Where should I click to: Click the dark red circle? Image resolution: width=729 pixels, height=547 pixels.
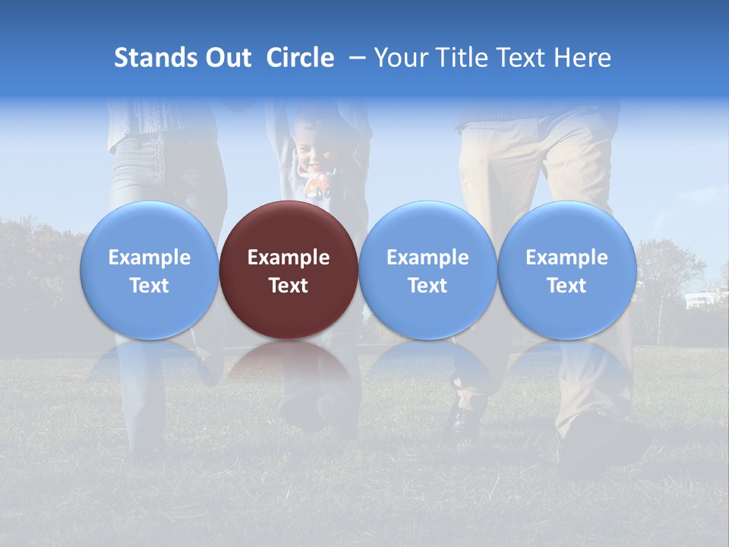coord(289,270)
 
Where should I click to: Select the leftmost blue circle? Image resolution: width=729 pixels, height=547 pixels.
coord(150,270)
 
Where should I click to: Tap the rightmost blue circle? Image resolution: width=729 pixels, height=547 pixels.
coord(566,270)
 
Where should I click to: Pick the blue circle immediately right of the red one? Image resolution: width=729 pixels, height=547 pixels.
coord(428,270)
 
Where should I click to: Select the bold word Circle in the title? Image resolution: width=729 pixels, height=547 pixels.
coord(300,58)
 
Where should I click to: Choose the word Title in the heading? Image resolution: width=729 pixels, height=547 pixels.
coord(464,58)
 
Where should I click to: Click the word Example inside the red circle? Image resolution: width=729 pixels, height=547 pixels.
coord(289,258)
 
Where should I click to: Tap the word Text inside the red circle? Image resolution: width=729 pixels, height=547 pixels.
coord(289,286)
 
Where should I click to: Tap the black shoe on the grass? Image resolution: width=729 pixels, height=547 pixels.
coord(465,416)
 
